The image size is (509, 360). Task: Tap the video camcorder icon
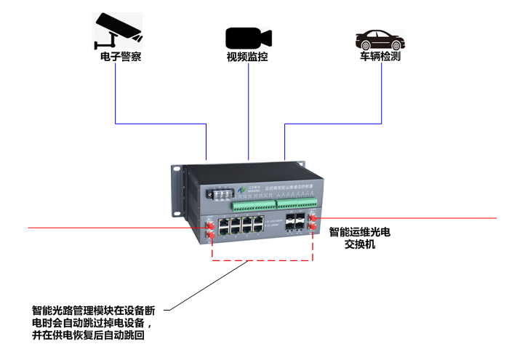coord(248,37)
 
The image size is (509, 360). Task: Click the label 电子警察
coord(116,57)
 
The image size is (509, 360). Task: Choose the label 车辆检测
coord(380,57)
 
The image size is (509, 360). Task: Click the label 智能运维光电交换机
coord(360,239)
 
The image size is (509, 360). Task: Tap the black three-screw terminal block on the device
coord(220,195)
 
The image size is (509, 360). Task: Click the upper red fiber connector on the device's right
coord(313,217)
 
